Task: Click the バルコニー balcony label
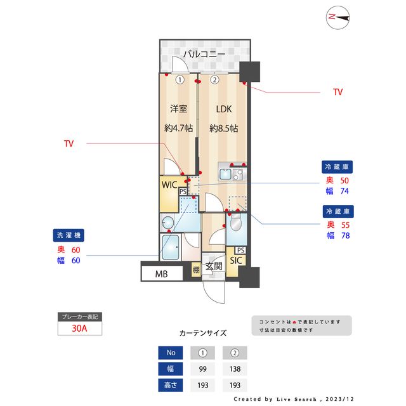tap(204, 55)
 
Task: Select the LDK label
tap(223, 108)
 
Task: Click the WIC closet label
tap(169, 185)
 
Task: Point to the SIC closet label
tap(236, 260)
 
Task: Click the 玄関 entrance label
tap(214, 266)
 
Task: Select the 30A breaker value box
tap(79, 329)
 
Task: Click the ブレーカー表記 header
tap(79, 317)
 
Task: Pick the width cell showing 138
tap(234, 369)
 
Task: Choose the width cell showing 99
tap(202, 369)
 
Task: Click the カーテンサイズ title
tap(202, 332)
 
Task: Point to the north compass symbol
tap(338, 18)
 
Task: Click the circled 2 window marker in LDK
tap(214, 80)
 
